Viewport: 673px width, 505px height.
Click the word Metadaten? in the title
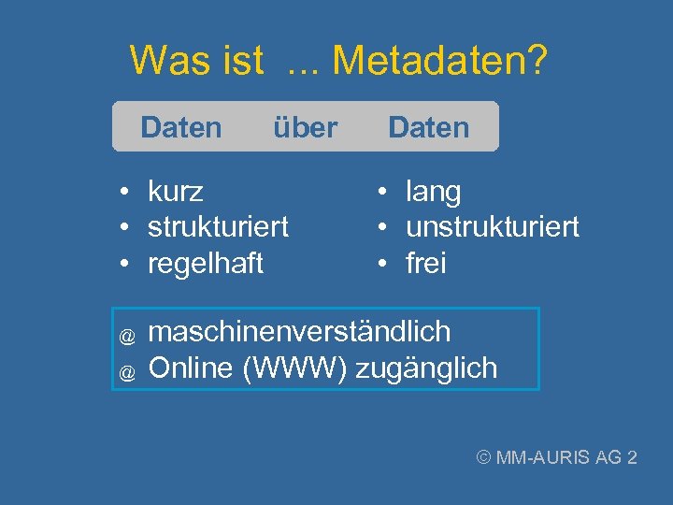point(440,62)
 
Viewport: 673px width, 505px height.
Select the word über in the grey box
point(305,127)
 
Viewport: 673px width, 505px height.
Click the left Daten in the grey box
point(181,127)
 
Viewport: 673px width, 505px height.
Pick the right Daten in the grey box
point(428,127)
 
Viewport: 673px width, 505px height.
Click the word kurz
point(176,192)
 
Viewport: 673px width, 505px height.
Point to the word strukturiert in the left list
point(218,227)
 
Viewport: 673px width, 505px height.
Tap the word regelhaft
point(206,264)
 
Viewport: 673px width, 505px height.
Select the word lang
point(433,192)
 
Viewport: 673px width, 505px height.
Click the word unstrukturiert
point(493,227)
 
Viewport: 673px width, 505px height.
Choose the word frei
point(426,264)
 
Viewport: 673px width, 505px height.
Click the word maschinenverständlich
point(299,332)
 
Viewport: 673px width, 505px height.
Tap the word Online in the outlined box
point(192,368)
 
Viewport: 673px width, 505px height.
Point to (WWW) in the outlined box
point(296,368)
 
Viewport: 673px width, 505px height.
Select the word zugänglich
point(427,368)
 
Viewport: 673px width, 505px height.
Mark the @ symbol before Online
point(127,371)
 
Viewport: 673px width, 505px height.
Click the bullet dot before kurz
point(123,193)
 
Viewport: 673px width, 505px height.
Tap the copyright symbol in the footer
point(484,457)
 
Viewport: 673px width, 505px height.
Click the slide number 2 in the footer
point(633,457)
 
